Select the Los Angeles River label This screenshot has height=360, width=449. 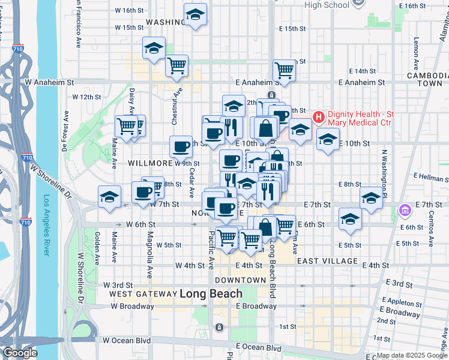coord(47,225)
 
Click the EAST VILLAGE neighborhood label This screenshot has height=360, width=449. coord(327,262)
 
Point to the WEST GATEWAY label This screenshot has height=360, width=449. coord(140,294)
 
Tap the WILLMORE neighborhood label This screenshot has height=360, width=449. coord(150,163)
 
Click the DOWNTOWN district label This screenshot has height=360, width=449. coord(240,280)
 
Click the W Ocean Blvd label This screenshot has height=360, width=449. coord(126,340)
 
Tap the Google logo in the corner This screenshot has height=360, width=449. coord(19,353)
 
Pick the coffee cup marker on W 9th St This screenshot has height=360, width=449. coord(181,146)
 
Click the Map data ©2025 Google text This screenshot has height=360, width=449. coord(412,355)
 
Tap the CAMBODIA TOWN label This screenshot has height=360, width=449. coord(425,79)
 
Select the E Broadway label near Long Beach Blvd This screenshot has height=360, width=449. coord(256,306)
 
